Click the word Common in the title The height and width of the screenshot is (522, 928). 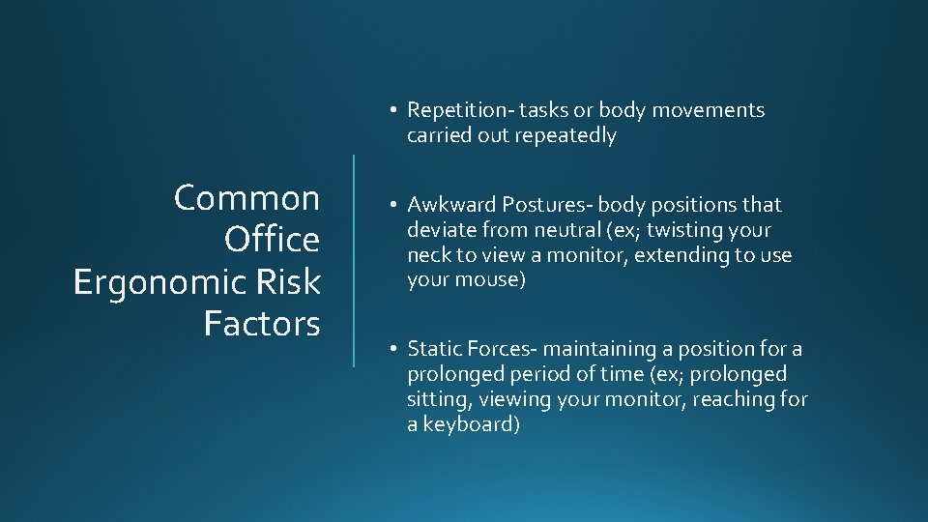246,198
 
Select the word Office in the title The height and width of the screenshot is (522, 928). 272,240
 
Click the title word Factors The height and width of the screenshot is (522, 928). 262,323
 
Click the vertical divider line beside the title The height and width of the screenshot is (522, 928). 354,260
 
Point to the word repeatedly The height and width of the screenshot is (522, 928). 568,135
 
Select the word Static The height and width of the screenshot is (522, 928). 432,348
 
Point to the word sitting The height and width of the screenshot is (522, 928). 434,398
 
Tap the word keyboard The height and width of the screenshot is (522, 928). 471,423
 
